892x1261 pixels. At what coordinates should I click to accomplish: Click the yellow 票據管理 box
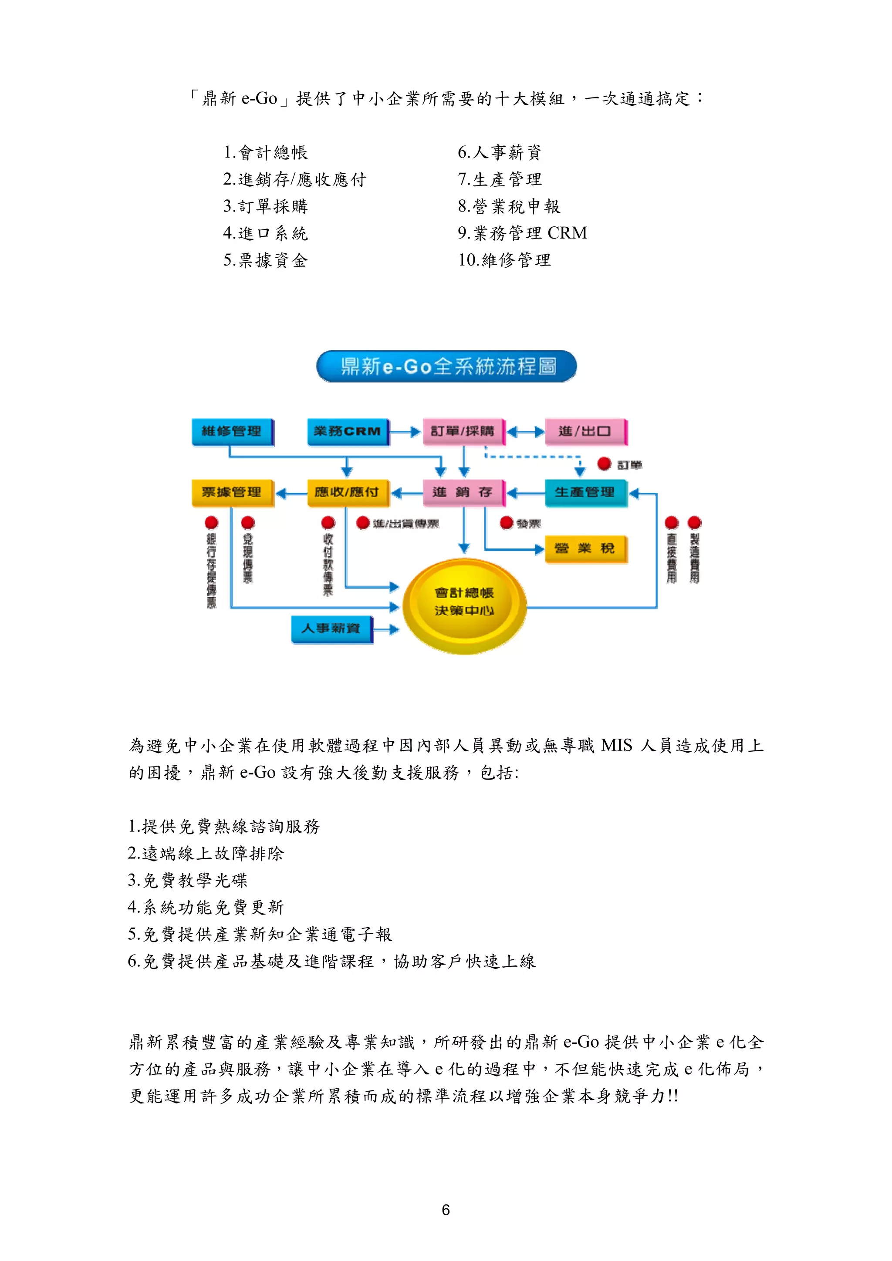coord(232,492)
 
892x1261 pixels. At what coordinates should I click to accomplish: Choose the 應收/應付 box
coord(347,492)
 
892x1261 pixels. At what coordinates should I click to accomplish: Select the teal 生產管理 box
coord(585,492)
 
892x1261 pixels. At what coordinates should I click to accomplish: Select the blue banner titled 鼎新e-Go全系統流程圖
coord(446,367)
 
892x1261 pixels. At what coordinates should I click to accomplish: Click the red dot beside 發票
coord(506,523)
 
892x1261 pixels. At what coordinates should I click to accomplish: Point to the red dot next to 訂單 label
coord(604,464)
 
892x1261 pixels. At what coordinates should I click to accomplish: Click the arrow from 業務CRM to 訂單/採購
coord(405,432)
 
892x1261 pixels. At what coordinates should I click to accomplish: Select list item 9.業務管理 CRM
coord(522,233)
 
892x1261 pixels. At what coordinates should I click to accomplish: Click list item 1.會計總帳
coord(265,152)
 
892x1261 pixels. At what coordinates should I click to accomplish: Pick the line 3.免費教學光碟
coord(188,881)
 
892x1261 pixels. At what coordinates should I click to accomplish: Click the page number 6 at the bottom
coord(446,1210)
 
